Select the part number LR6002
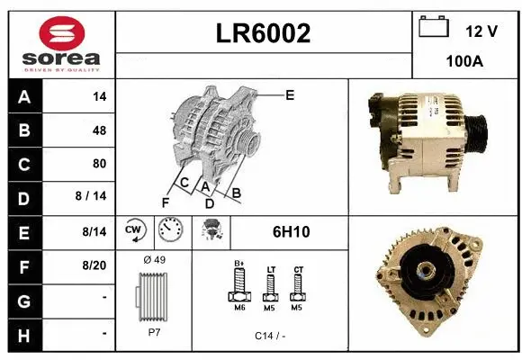click(x=264, y=33)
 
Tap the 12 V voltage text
click(x=481, y=31)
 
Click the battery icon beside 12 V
click(x=434, y=28)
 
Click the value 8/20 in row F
click(x=94, y=265)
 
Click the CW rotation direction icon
click(x=135, y=231)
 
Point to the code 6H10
click(x=291, y=231)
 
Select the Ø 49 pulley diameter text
click(x=156, y=260)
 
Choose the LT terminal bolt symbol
click(x=269, y=288)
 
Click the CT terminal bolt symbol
click(x=297, y=288)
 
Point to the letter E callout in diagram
click(x=290, y=94)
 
